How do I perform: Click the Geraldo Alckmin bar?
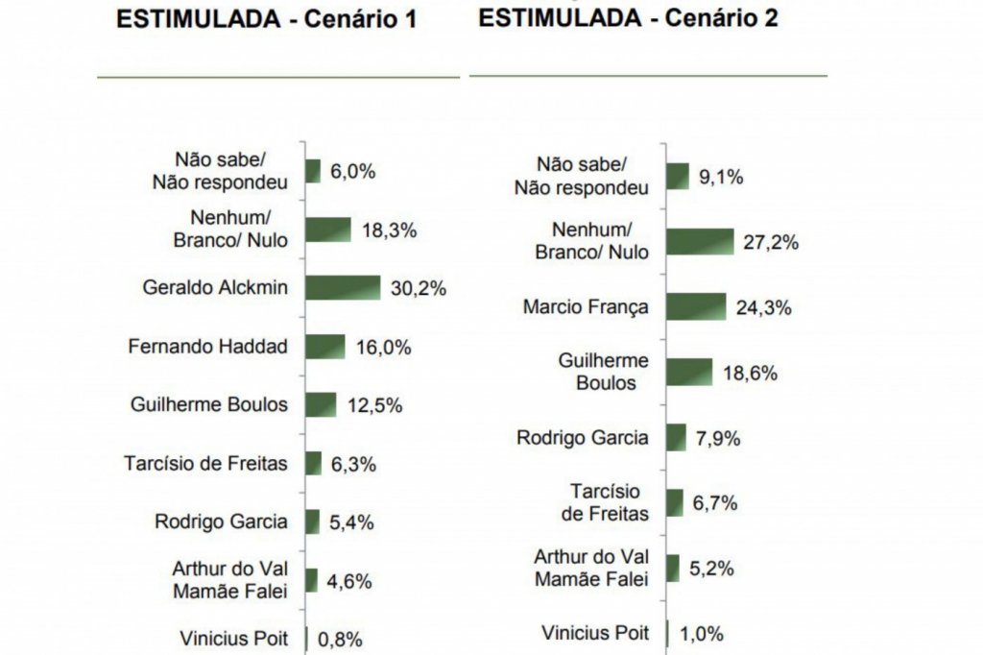344,287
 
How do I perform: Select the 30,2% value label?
419,288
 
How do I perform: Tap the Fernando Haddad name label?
207,347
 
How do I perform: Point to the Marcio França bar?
695,307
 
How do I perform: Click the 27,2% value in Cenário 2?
771,242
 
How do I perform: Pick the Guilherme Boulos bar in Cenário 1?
321,404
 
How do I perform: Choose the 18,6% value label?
750,373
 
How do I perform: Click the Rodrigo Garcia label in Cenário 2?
583,438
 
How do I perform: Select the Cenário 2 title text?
628,18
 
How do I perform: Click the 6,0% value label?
352,172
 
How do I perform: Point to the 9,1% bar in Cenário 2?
678,177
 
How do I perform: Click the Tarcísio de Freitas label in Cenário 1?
205,464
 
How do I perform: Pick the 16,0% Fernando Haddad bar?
325,347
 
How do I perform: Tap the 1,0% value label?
700,634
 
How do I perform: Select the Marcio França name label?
586,307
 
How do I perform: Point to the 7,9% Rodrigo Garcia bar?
676,438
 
